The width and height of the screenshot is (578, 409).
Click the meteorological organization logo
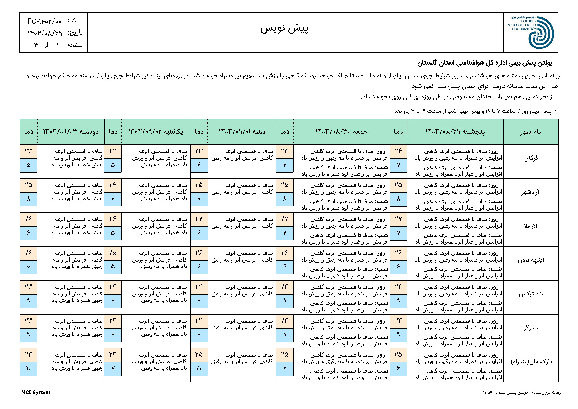click(x=540, y=33)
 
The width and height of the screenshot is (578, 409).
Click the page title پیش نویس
click(x=285, y=29)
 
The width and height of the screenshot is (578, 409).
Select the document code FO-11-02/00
click(x=44, y=21)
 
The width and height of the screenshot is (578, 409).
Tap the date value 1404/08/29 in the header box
click(x=45, y=33)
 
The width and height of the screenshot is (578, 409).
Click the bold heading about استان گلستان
click(x=485, y=63)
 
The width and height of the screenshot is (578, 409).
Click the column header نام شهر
click(x=531, y=132)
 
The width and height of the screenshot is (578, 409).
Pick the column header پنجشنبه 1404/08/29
click(x=455, y=132)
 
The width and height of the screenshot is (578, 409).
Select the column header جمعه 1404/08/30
click(x=341, y=132)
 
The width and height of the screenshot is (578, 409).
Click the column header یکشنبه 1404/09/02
click(x=156, y=132)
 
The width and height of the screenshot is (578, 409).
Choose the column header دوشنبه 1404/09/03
click(x=71, y=132)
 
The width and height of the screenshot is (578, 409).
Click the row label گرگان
click(x=531, y=158)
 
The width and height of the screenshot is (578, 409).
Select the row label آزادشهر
click(x=531, y=192)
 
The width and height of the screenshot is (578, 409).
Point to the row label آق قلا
click(x=531, y=226)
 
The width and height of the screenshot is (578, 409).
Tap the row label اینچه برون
click(x=531, y=260)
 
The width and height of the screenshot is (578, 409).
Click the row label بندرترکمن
click(x=531, y=294)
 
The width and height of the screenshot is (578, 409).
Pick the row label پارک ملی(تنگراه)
click(x=531, y=362)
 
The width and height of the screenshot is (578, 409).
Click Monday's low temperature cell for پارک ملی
click(x=28, y=368)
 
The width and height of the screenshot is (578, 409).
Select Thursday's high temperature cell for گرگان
click(x=398, y=151)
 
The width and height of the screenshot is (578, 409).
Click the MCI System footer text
click(x=36, y=392)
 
